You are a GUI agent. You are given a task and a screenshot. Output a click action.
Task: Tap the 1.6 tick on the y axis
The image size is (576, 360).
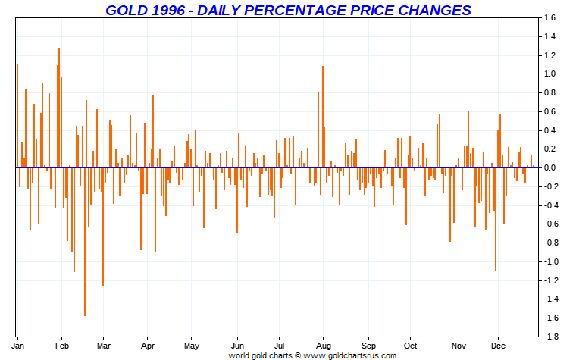(549, 17)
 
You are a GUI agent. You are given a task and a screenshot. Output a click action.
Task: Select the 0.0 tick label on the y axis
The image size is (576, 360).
(549, 167)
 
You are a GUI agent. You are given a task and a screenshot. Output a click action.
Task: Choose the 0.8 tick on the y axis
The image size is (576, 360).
(549, 92)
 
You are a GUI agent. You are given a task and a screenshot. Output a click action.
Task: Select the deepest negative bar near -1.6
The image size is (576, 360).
(84, 242)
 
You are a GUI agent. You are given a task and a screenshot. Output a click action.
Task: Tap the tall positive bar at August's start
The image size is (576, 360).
(323, 117)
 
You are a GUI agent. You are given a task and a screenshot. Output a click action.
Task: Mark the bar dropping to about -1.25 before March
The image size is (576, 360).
(102, 227)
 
